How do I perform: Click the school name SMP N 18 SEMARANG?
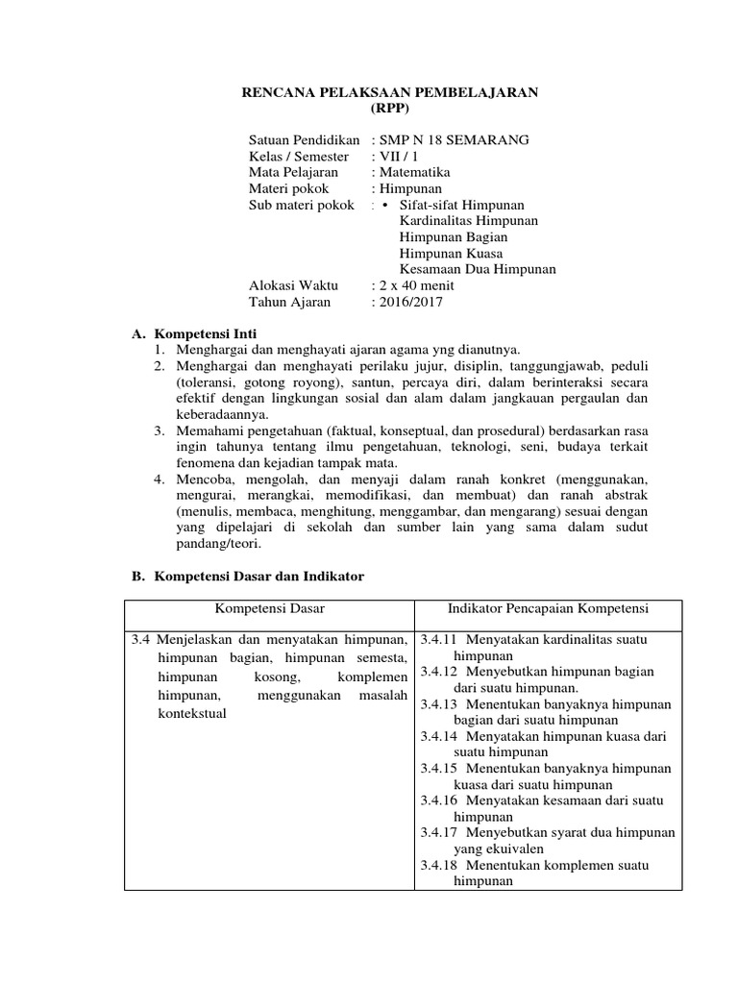pos(455,140)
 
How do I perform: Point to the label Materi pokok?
pos(288,189)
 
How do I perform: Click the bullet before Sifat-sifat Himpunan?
pos(385,206)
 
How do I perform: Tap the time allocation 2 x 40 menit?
pos(417,285)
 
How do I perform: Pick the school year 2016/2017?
pos(412,302)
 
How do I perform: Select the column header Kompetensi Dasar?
pos(269,609)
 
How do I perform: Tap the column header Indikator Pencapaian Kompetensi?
pos(548,609)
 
